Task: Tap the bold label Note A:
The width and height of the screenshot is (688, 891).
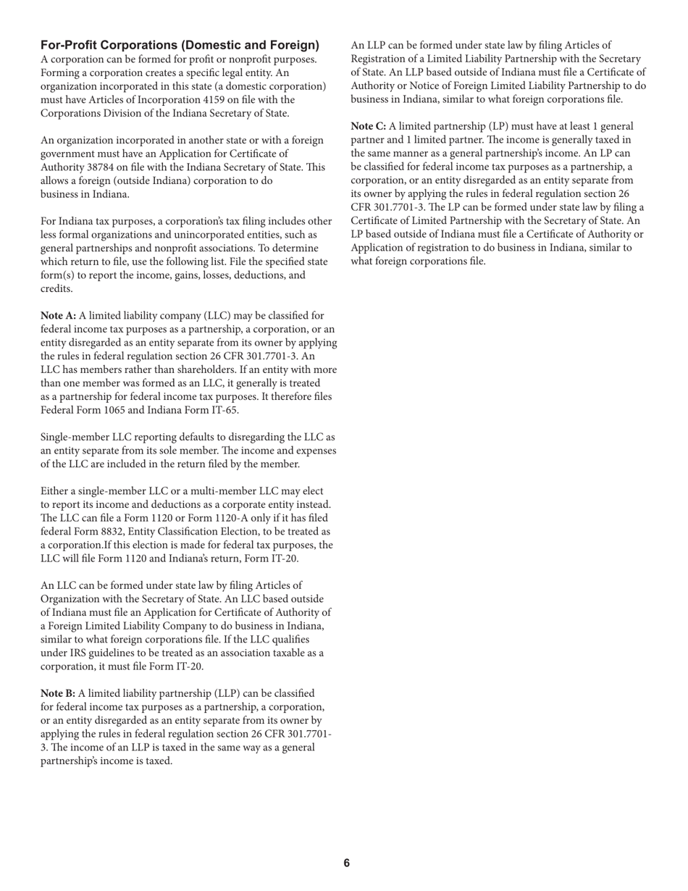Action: coord(58,316)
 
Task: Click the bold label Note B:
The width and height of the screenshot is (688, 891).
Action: coord(58,693)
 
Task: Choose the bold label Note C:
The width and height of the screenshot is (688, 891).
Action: coord(369,126)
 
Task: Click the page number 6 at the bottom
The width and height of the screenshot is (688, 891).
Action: coord(347,863)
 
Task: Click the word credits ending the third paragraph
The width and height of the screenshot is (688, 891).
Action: coord(56,289)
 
